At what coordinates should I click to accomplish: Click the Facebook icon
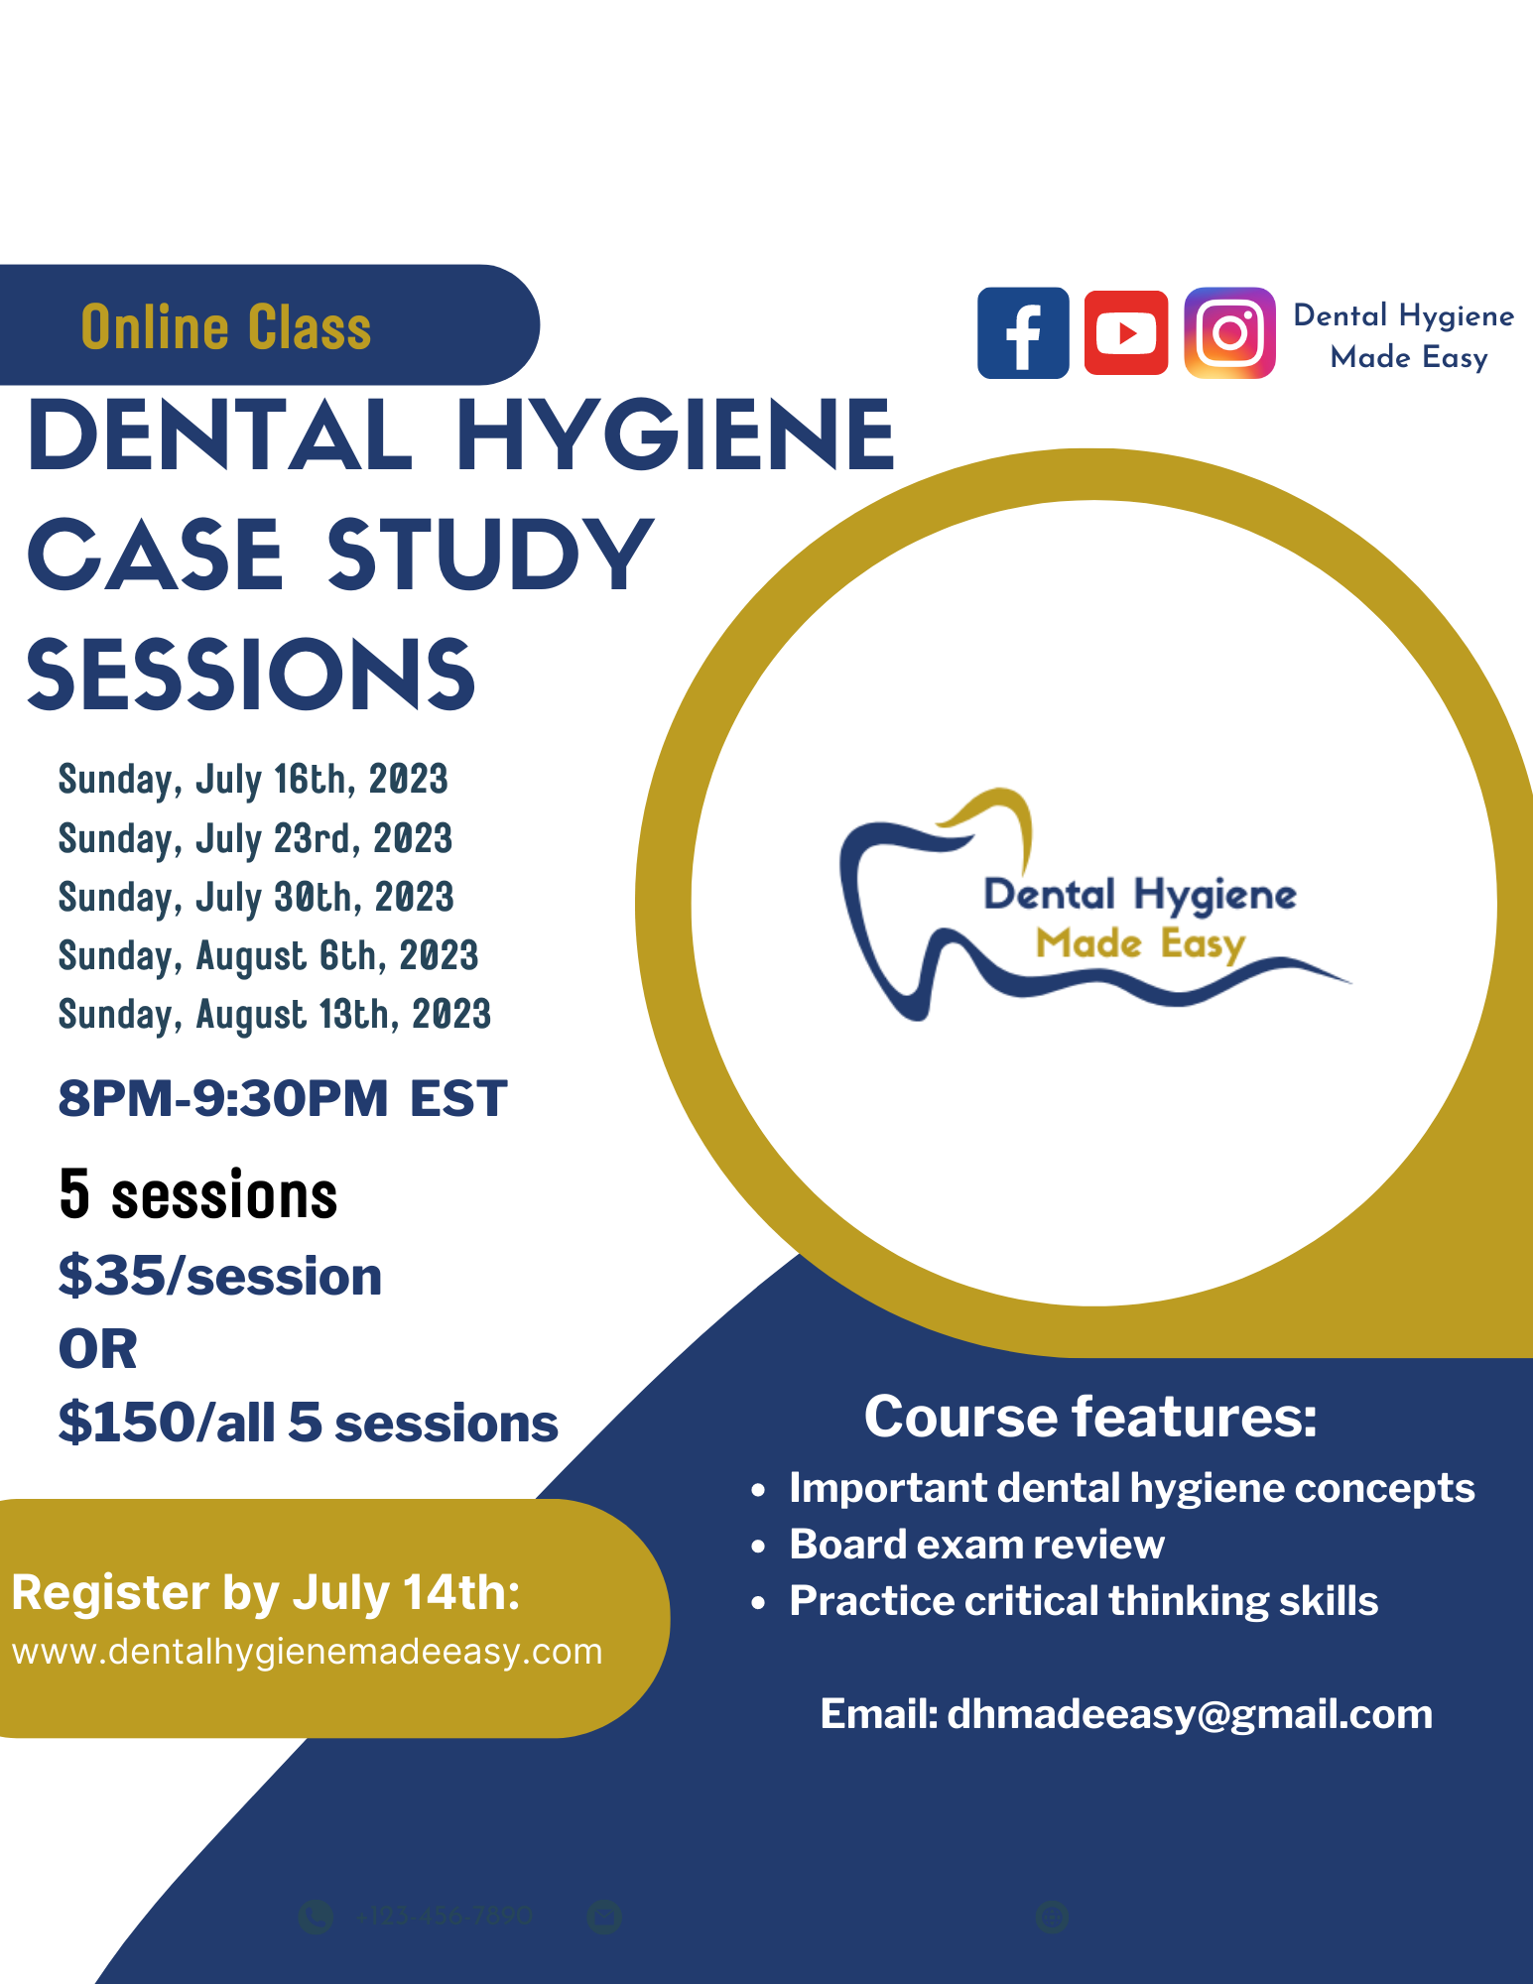point(1023,333)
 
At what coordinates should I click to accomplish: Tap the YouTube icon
point(1126,333)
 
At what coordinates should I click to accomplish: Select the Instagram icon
point(1229,333)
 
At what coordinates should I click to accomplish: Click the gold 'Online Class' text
point(226,327)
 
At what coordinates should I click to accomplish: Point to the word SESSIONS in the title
point(251,676)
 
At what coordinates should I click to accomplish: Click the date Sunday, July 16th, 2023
point(253,780)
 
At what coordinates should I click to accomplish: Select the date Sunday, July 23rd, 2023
point(255,839)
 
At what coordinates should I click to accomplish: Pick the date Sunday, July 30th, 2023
point(256,898)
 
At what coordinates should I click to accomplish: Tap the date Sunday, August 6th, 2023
point(268,956)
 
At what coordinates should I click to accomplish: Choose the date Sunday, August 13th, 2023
point(275,1015)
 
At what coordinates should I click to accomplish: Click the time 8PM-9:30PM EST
point(283,1099)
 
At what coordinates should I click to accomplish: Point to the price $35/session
point(220,1277)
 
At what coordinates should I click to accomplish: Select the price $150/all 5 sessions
point(309,1423)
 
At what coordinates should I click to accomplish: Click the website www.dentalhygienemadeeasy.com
point(308,1652)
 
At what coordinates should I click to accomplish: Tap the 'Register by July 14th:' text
point(266,1593)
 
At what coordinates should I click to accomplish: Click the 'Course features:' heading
point(1090,1417)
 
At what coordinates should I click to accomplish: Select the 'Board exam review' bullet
point(976,1545)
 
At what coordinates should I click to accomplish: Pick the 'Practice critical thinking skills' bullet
point(1084,1601)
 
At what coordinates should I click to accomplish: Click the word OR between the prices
point(98,1350)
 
